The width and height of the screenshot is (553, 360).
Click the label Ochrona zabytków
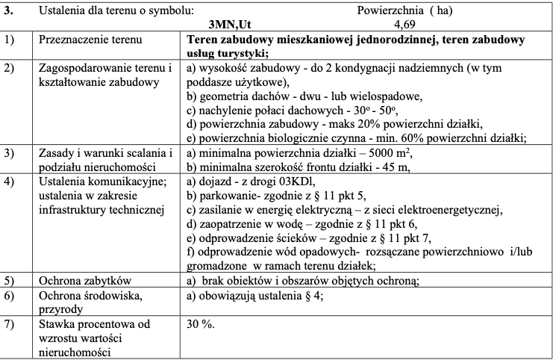tap(84, 281)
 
